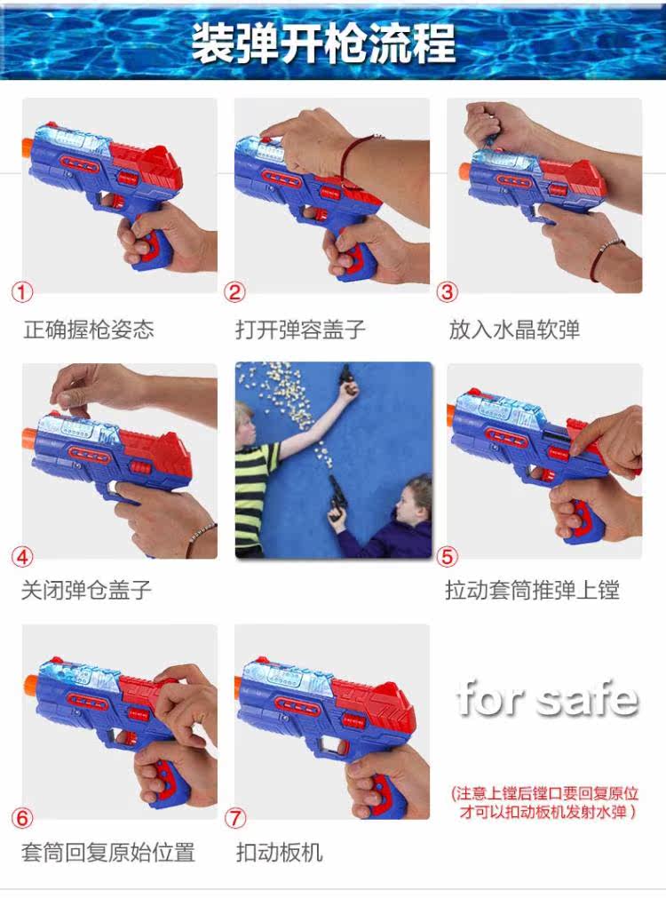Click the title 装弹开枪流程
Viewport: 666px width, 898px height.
click(x=323, y=43)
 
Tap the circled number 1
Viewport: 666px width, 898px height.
click(x=22, y=292)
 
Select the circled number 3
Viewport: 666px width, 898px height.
click(x=448, y=292)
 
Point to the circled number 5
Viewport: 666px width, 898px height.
click(x=448, y=556)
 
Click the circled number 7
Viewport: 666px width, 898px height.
click(x=234, y=817)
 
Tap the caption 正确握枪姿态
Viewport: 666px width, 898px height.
click(x=89, y=330)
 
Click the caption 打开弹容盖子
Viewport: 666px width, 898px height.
click(x=301, y=330)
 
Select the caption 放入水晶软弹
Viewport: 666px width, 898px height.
click(x=514, y=330)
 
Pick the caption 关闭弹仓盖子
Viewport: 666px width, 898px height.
click(x=86, y=589)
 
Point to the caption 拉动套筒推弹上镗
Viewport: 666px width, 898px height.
click(x=533, y=589)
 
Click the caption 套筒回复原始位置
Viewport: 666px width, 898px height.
click(x=108, y=852)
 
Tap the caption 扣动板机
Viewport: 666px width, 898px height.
click(x=280, y=852)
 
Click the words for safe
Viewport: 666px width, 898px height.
click(x=548, y=699)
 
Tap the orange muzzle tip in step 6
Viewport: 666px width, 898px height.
click(x=31, y=684)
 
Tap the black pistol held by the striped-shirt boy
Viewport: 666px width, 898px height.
click(x=347, y=377)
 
